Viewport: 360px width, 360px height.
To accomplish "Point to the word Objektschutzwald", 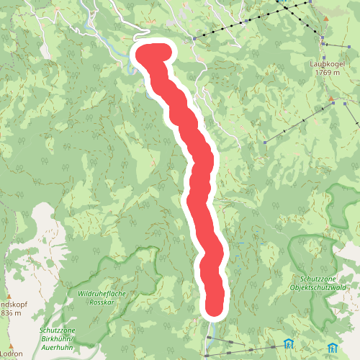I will point(319,287).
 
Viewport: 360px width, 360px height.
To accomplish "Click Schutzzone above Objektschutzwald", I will point(318,278).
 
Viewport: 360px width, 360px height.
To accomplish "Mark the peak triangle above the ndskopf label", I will point(9,294).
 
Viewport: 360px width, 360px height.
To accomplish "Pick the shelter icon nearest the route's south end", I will point(288,342).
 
